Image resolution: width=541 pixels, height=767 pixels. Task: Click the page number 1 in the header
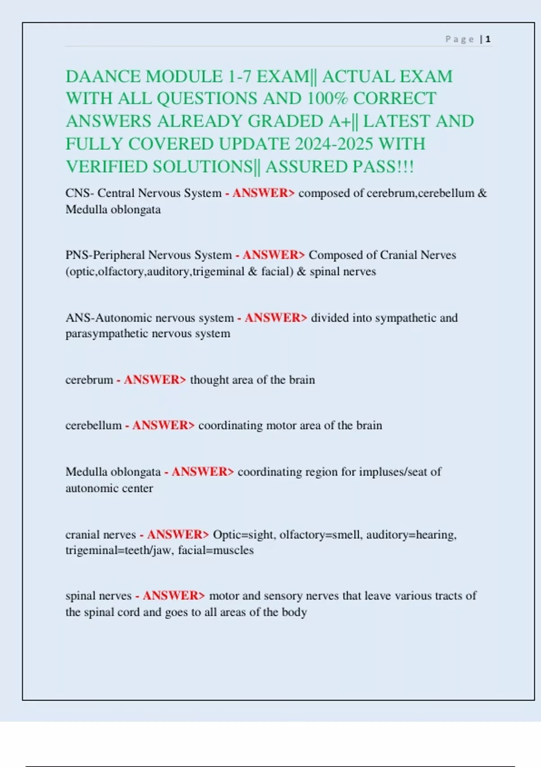click(x=488, y=39)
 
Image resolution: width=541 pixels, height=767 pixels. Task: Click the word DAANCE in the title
click(x=103, y=76)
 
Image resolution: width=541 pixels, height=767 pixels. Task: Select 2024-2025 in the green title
click(x=334, y=144)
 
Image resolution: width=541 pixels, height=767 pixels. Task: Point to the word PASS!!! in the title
click(x=383, y=167)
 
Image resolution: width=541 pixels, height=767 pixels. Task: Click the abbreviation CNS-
click(x=80, y=193)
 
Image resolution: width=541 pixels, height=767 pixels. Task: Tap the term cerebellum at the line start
click(x=93, y=425)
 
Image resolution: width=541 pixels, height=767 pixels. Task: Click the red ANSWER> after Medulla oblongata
click(x=202, y=472)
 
